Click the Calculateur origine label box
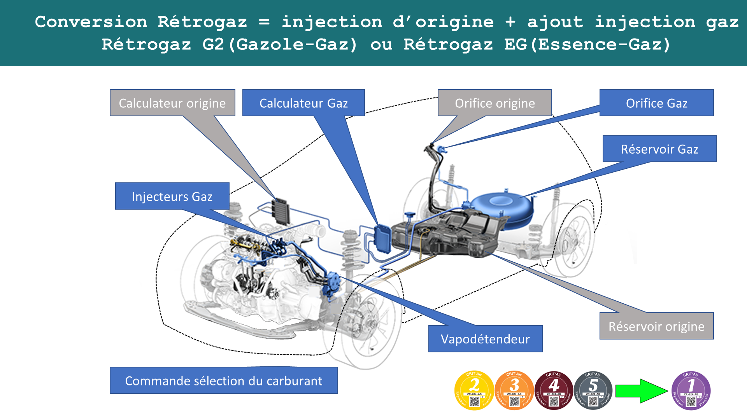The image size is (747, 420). [172, 103]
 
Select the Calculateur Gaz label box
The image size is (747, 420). [303, 103]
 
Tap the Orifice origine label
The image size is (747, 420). [494, 103]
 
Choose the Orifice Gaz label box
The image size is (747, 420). [656, 103]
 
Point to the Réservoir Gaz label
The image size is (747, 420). [659, 149]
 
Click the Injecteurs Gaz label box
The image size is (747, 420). [172, 196]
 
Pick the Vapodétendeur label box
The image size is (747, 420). [485, 339]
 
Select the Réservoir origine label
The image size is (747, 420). [656, 326]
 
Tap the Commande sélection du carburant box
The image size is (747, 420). [223, 381]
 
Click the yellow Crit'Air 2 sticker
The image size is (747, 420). [474, 390]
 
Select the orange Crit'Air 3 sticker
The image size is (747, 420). [514, 390]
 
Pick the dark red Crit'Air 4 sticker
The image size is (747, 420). [554, 390]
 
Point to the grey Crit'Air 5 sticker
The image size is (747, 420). [593, 390]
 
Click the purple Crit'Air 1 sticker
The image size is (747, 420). [691, 390]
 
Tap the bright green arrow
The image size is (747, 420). [642, 391]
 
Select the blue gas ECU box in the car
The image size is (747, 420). [382, 238]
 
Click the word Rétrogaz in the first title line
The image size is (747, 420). [202, 22]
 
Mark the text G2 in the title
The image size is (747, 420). [213, 44]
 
